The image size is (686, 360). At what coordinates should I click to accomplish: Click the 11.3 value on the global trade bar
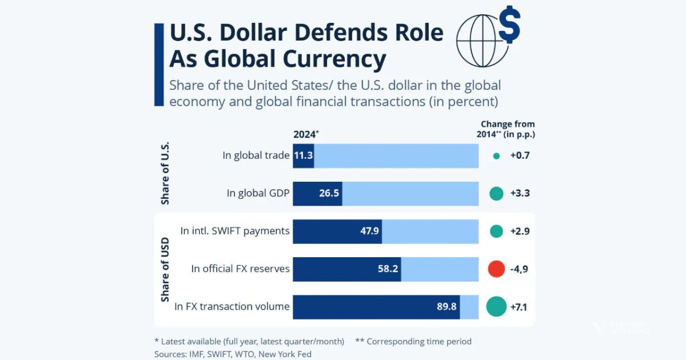pyautogui.click(x=303, y=155)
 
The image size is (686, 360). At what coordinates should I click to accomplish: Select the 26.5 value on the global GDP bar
pyautogui.click(x=329, y=193)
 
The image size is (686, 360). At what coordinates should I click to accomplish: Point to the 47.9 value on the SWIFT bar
pyautogui.click(x=368, y=231)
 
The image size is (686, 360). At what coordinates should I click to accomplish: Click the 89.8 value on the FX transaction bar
pyautogui.click(x=446, y=306)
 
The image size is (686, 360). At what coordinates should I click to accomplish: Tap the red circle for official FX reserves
pyautogui.click(x=496, y=269)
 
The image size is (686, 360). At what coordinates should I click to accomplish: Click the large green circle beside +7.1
pyautogui.click(x=496, y=306)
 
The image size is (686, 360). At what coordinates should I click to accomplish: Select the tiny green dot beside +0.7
pyautogui.click(x=496, y=155)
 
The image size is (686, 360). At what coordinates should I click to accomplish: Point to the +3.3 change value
pyautogui.click(x=520, y=193)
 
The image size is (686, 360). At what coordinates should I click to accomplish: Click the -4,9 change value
pyautogui.click(x=518, y=269)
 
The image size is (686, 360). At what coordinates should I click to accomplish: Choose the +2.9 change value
pyautogui.click(x=520, y=231)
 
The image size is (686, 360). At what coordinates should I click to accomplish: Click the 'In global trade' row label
pyautogui.click(x=256, y=155)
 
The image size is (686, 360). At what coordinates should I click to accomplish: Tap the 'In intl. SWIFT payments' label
pyautogui.click(x=234, y=231)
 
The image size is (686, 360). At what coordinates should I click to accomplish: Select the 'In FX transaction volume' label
pyautogui.click(x=232, y=307)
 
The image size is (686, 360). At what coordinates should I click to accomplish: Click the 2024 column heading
pyautogui.click(x=305, y=135)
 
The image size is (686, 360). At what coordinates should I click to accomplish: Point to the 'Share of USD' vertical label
pyautogui.click(x=165, y=269)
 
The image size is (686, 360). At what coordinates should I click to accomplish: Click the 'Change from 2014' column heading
pyautogui.click(x=508, y=129)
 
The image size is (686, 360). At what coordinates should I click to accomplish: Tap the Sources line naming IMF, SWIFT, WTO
pyautogui.click(x=233, y=354)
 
